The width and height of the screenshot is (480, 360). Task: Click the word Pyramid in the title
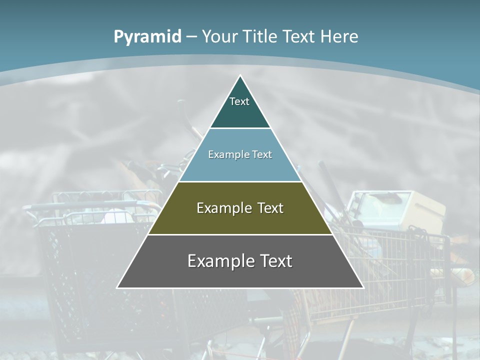tap(147, 37)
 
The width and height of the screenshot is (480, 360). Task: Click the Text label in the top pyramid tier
tap(239, 101)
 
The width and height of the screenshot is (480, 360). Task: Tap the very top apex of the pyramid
tap(240, 76)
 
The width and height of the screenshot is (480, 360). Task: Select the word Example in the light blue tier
tap(226, 154)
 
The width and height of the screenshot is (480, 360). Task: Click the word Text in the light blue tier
tap(262, 154)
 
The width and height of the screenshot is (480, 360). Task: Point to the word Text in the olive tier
tap(270, 208)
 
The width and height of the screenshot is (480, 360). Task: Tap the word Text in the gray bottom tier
tap(275, 261)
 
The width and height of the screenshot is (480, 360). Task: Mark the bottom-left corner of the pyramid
tap(117, 287)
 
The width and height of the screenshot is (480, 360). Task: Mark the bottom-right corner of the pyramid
tap(363, 287)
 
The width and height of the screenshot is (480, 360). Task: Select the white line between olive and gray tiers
tap(240, 234)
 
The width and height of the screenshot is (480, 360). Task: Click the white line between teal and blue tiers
tap(240, 128)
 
